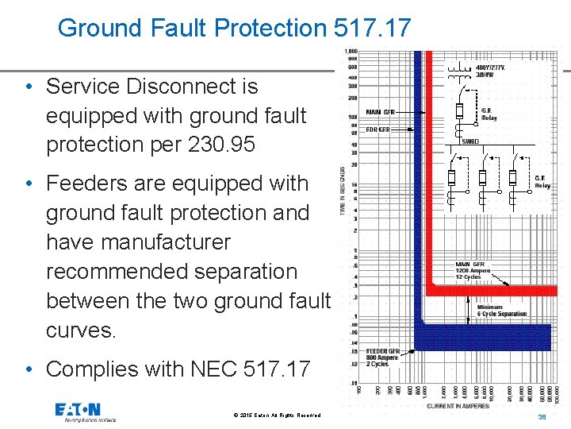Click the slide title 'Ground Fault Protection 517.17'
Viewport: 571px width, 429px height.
(235, 29)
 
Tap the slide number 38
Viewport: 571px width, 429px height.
(543, 416)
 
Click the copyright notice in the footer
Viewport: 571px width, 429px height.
(278, 415)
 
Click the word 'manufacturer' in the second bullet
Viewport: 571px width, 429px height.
(138, 242)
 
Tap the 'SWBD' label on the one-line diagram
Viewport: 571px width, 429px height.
(470, 141)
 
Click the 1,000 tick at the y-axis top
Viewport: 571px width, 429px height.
(351, 52)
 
